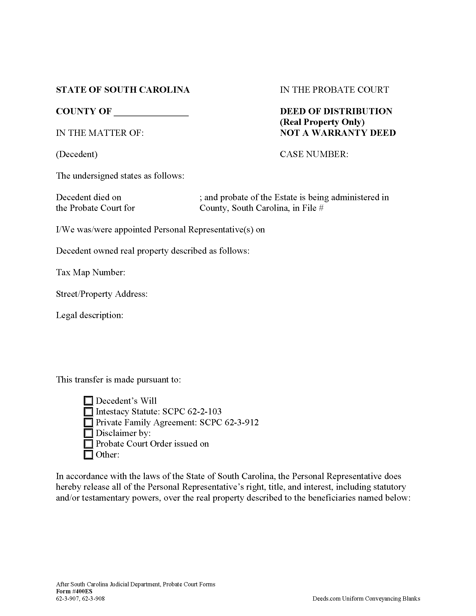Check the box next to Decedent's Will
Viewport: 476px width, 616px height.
[x=88, y=401]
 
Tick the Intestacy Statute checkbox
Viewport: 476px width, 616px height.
[x=88, y=412]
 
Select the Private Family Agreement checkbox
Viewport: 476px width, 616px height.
[x=88, y=422]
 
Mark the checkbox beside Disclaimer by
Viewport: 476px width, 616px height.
[x=88, y=433]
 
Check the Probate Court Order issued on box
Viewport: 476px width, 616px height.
[x=88, y=444]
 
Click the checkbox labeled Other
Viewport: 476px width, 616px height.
[x=88, y=455]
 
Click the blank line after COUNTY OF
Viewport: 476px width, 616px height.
[x=151, y=112]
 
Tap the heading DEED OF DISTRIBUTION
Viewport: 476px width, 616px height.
[x=336, y=111]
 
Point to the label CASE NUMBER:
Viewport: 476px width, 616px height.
[x=314, y=154]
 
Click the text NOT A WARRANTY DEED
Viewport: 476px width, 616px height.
[x=338, y=133]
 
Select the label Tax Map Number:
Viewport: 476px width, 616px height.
[x=90, y=272]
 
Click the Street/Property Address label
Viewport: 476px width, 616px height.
[x=102, y=294]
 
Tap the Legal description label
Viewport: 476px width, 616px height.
[x=90, y=315]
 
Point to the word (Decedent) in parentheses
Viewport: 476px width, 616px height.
[x=77, y=154]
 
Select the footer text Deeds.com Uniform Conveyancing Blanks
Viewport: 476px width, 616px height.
[x=366, y=599]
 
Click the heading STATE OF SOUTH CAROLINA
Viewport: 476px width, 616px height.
[x=123, y=90]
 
